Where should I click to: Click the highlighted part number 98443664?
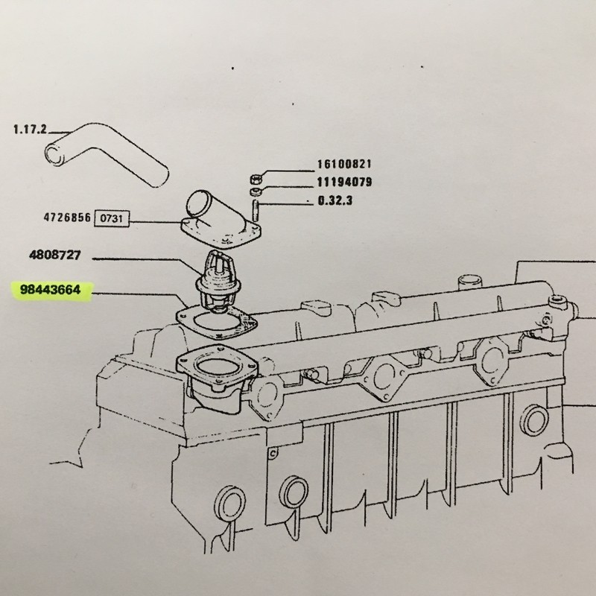(51, 290)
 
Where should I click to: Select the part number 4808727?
(55, 254)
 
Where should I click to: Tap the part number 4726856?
(67, 218)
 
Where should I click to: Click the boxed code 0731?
(112, 218)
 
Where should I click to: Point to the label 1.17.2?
(30, 130)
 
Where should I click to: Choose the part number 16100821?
(344, 164)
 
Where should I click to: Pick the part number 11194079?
(344, 182)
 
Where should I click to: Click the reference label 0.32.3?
(335, 200)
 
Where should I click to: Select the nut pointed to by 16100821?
(256, 178)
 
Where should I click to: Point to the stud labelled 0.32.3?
(256, 210)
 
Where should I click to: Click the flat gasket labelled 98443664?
(217, 322)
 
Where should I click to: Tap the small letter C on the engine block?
(273, 453)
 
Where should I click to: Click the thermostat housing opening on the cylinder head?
(217, 367)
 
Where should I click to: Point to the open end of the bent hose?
(54, 153)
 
